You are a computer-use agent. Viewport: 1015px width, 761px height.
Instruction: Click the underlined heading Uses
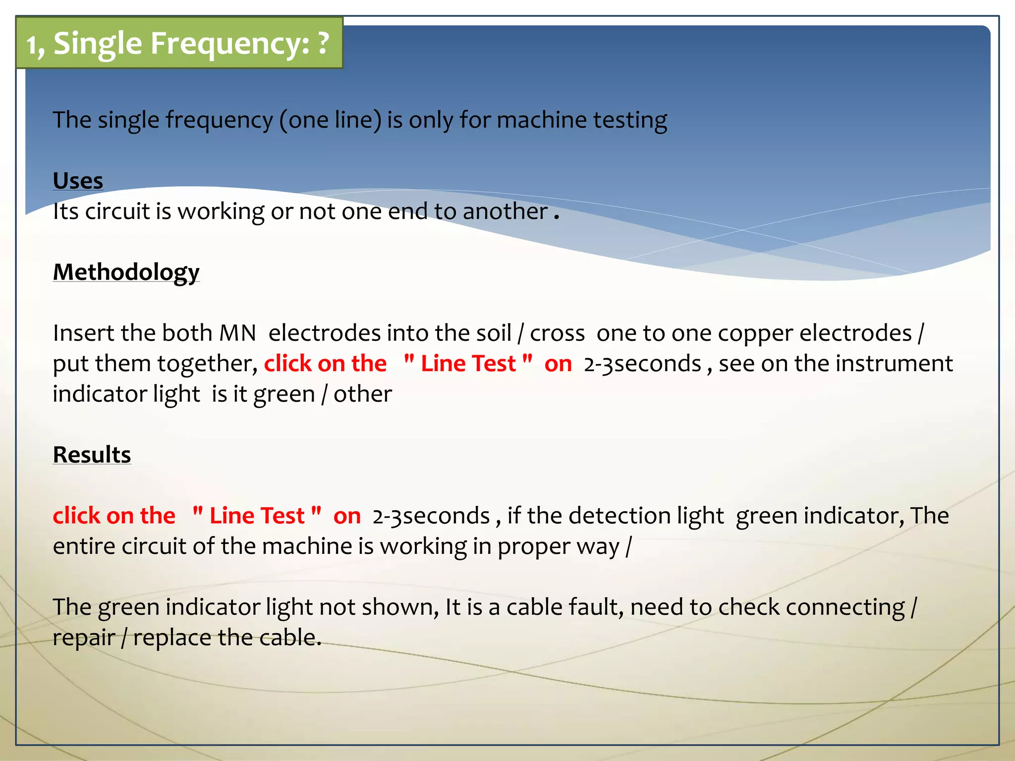click(78, 180)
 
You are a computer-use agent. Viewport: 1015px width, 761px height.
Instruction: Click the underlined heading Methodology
click(126, 272)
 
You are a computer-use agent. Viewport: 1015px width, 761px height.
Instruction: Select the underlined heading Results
click(92, 454)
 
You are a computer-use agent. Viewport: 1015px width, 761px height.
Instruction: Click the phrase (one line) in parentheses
click(331, 120)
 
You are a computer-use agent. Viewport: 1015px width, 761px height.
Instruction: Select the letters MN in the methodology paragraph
click(237, 333)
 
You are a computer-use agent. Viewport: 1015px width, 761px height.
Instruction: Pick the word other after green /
click(362, 394)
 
